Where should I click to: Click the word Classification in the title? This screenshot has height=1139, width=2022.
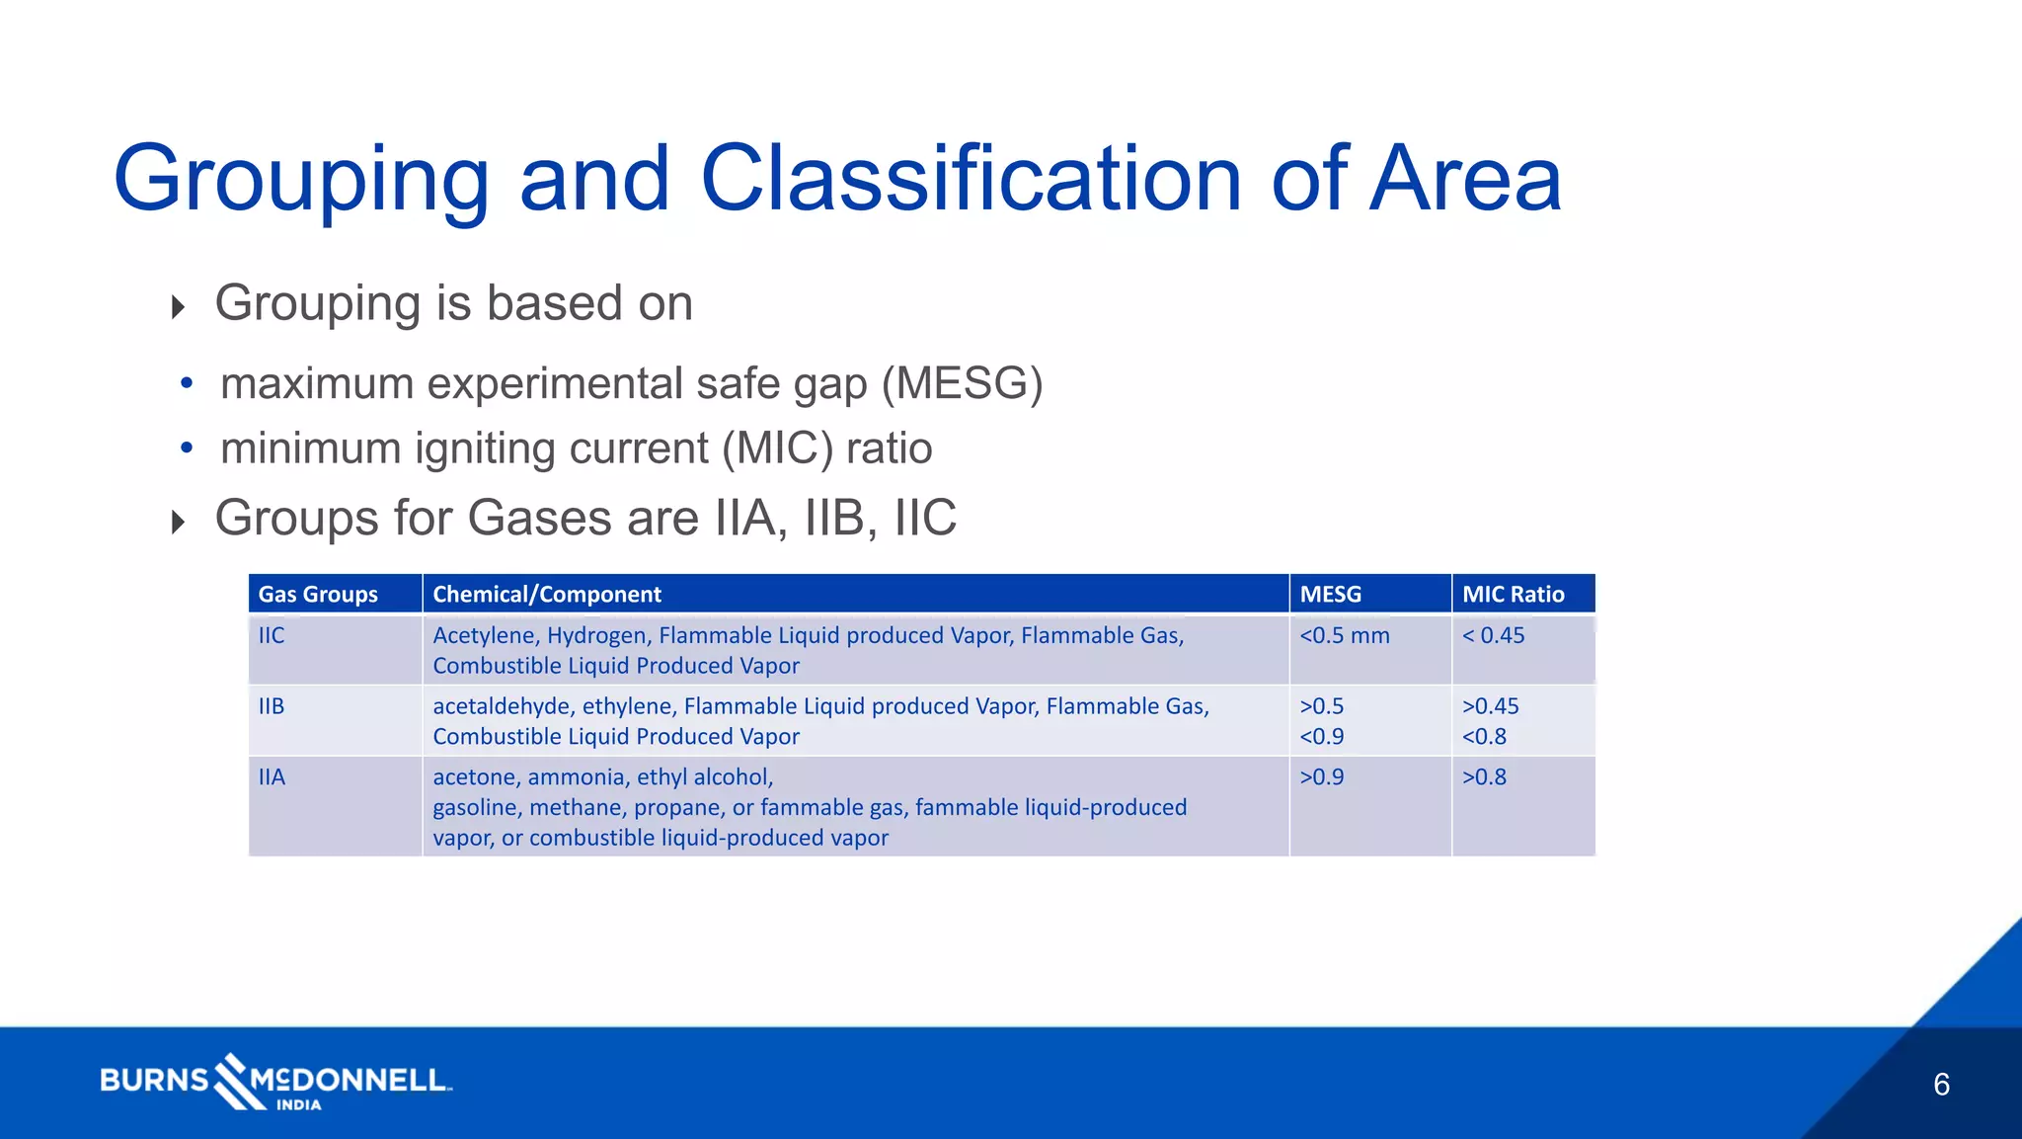coord(971,179)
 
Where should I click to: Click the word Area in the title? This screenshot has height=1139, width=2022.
coord(1465,179)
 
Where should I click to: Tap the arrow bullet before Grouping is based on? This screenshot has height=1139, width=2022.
coord(178,306)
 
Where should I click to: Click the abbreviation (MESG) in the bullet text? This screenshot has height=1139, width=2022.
coord(962,383)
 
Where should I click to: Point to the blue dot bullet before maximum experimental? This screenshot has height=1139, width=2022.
coord(187,383)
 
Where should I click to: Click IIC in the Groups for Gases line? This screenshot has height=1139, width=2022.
coord(925,518)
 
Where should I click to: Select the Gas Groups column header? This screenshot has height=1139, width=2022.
coord(318,595)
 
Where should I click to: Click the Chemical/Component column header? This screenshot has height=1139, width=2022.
coord(547,595)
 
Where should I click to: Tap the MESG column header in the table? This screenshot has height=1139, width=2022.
coord(1330,595)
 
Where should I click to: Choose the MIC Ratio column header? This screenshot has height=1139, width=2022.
coord(1513,595)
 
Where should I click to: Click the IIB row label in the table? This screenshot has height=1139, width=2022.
coord(272,706)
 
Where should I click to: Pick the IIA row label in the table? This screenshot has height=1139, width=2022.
coord(272,777)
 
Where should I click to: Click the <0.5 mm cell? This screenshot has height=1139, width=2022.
coord(1344,636)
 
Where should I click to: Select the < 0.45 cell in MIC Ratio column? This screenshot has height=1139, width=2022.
coord(1493,636)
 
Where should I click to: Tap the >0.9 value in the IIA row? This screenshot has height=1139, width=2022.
coord(1321,777)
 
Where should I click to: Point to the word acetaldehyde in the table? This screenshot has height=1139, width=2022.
coord(502,706)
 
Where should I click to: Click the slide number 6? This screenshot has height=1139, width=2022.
coord(1941,1085)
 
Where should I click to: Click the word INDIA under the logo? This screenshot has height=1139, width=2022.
coord(298,1105)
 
